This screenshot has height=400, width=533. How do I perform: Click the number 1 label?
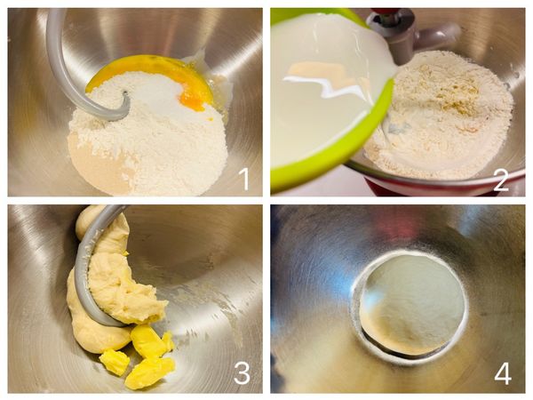click(245, 180)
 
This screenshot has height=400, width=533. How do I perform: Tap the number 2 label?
click(500, 180)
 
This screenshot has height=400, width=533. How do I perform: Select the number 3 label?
click(242, 372)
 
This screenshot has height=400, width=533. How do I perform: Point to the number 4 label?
click(503, 372)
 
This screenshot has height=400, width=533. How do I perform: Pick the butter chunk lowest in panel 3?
click(149, 373)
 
